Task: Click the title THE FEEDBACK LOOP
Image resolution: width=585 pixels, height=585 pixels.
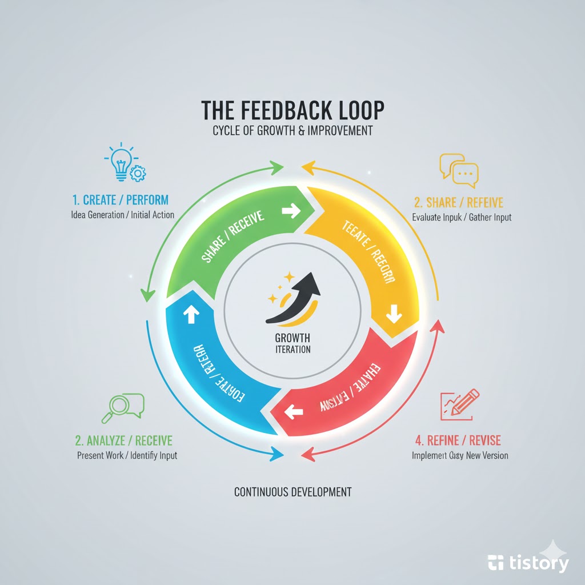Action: [x=292, y=110]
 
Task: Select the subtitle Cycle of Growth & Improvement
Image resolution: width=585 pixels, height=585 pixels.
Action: [x=292, y=131]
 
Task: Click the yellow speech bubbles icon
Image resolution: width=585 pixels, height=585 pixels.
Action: [x=458, y=170]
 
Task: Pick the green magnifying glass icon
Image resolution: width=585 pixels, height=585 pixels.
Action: [x=121, y=406]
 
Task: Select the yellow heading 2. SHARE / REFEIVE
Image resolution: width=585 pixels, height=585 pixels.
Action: [x=459, y=202]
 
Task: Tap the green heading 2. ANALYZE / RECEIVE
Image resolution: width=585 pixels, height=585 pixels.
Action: [x=123, y=441]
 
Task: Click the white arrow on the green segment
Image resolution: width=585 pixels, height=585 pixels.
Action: [x=291, y=211]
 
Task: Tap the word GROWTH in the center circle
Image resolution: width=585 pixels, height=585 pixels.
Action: [x=292, y=337]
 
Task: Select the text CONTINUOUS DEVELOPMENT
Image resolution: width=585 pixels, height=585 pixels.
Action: [x=292, y=491]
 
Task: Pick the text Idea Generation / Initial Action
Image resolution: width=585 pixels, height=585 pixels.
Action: [x=123, y=215]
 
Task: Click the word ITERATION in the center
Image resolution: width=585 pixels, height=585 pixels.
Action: [x=292, y=349]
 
